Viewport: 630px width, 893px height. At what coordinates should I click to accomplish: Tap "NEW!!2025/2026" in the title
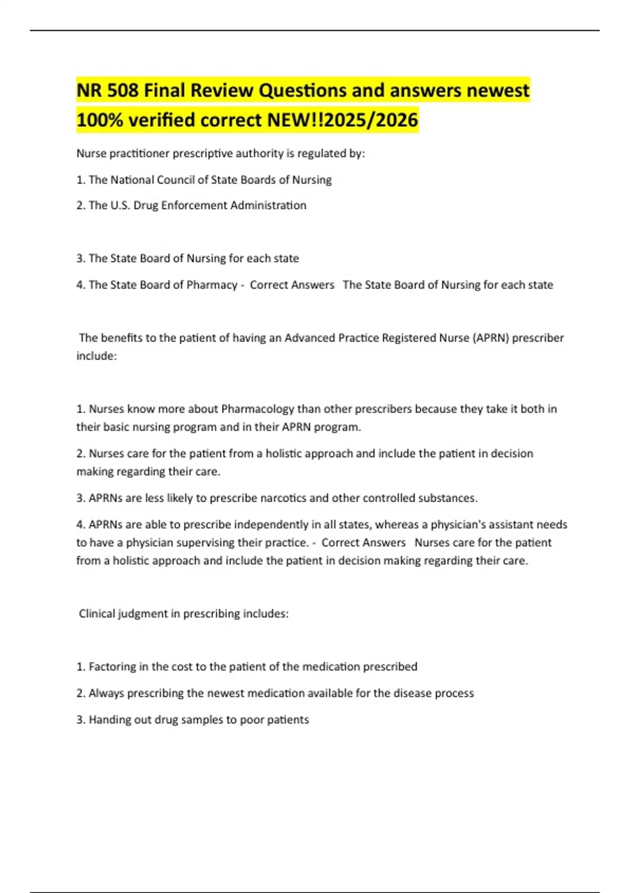tap(343, 120)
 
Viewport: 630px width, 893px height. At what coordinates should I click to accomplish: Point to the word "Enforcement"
tap(194, 205)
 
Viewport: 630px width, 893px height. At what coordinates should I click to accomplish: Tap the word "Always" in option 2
tap(106, 693)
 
